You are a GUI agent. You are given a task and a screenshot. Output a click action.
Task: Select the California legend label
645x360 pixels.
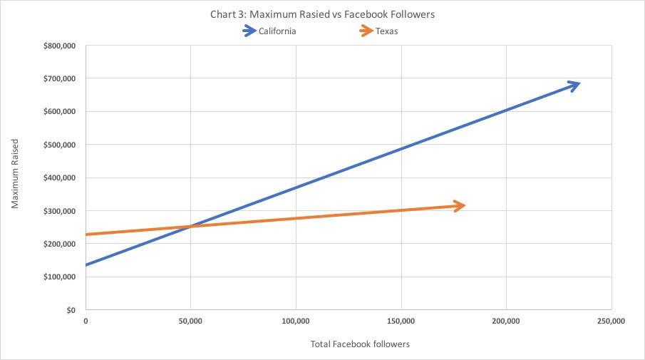coord(278,31)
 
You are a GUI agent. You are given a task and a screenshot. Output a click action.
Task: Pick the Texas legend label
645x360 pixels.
coord(388,31)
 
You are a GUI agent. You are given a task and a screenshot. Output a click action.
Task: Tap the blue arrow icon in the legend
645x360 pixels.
coord(249,31)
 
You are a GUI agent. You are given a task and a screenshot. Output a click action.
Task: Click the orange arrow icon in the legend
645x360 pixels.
coord(366,31)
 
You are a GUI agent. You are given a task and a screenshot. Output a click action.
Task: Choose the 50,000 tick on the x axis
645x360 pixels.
coord(190,322)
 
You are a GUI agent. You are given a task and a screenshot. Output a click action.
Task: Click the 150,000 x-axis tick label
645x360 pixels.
coord(401,322)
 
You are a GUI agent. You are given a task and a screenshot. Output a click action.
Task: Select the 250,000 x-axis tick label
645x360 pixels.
coord(611,322)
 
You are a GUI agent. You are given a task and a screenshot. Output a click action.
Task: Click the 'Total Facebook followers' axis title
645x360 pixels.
coord(360,344)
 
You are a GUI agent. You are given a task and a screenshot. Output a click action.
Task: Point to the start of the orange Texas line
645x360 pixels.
coord(87,235)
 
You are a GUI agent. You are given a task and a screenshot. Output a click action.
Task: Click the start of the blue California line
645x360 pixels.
coord(87,265)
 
